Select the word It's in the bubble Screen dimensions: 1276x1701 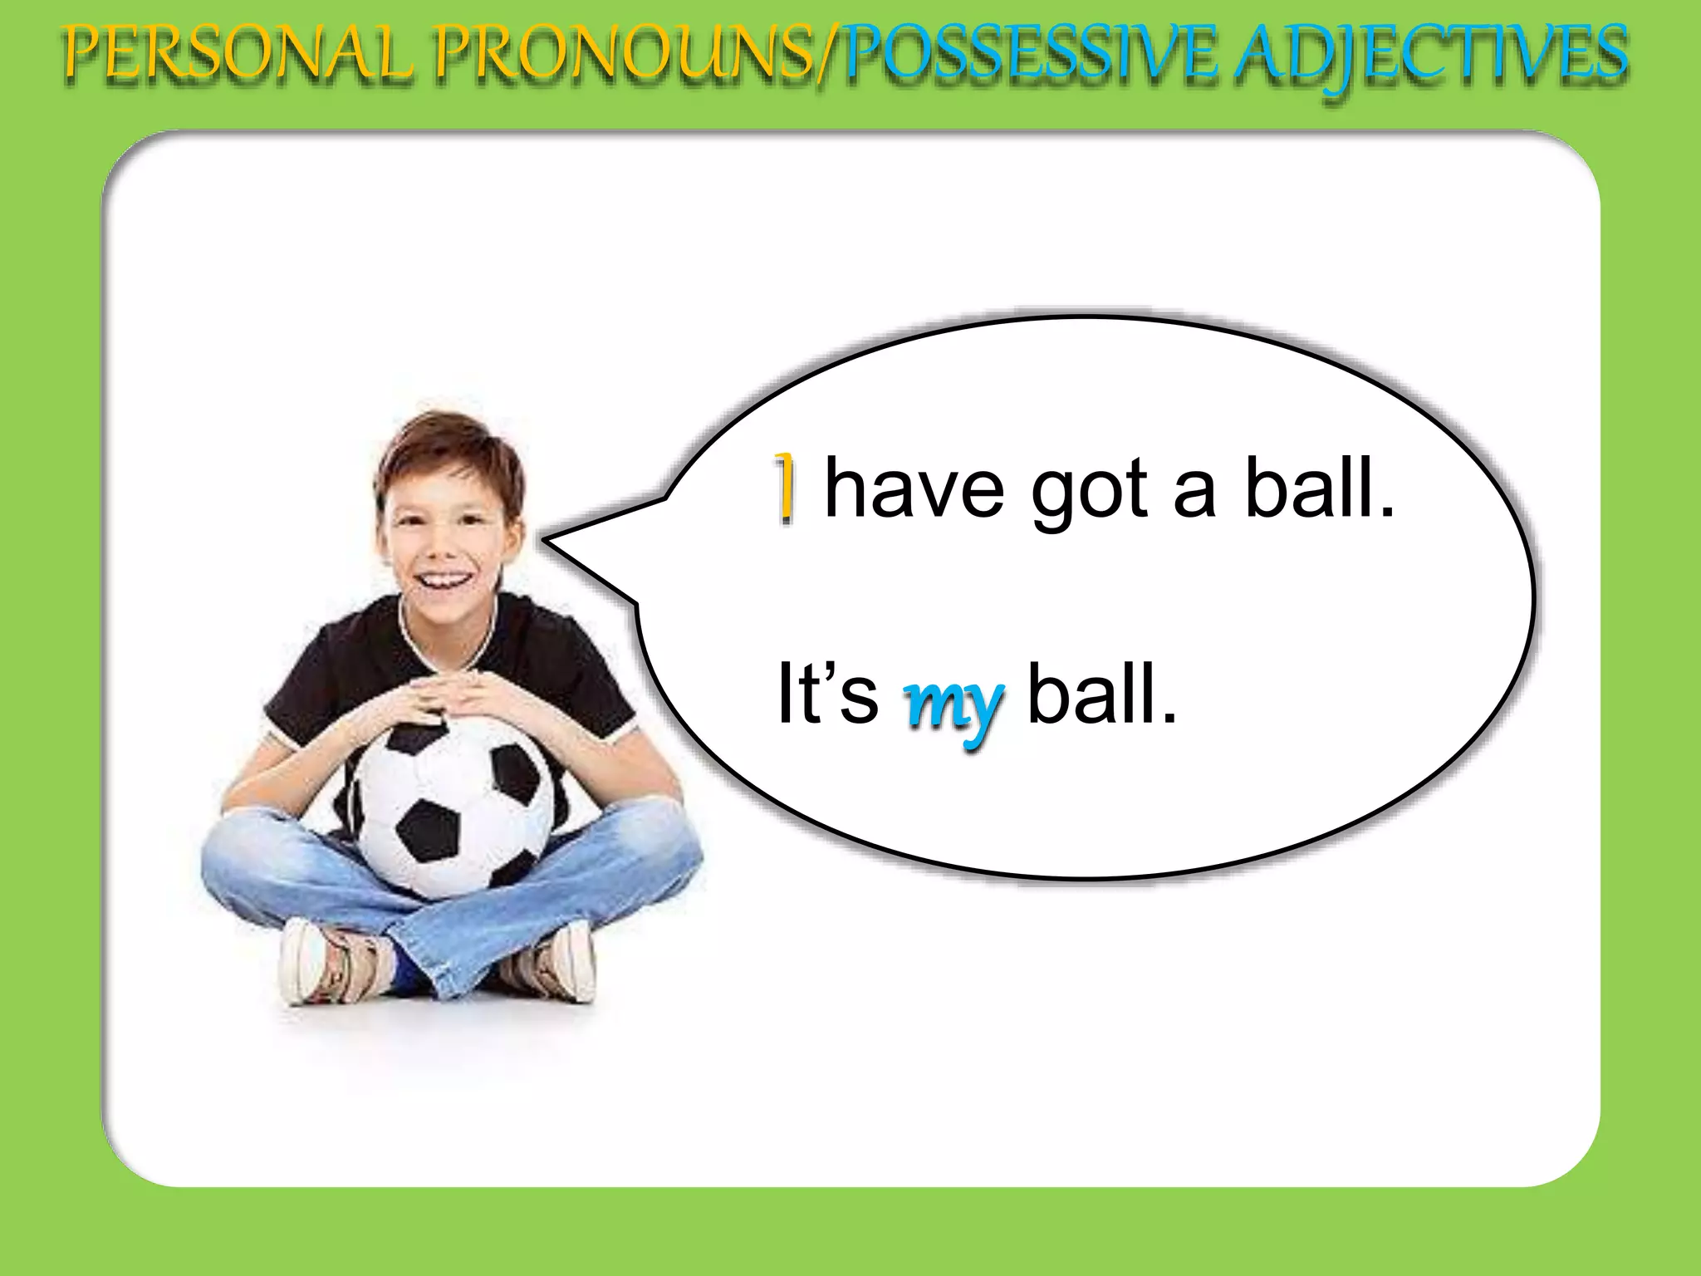click(826, 694)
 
